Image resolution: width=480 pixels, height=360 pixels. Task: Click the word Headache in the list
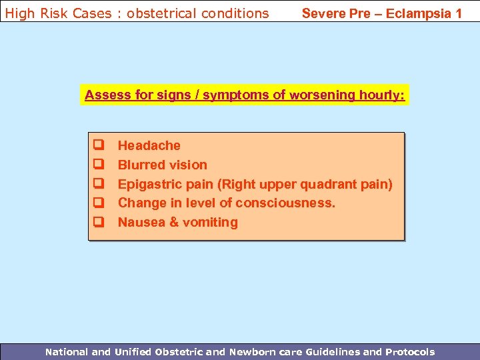[149, 145]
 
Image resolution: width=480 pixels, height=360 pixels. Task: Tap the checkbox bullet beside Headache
[97, 145]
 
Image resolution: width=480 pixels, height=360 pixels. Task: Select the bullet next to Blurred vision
[97, 164]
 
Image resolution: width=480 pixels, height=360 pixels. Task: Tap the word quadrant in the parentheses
[331, 184]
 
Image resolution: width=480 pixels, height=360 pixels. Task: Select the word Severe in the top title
[323, 13]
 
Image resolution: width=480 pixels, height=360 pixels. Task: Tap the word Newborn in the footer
[253, 352]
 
